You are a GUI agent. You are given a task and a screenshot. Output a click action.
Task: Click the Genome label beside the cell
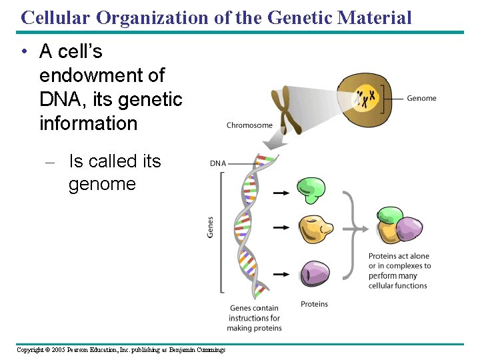421,98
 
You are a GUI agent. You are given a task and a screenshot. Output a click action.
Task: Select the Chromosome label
249,125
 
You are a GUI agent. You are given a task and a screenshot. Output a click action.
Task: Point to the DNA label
218,163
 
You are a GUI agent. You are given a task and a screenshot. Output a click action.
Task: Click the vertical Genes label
211,227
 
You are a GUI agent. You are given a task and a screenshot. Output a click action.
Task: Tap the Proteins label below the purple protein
314,304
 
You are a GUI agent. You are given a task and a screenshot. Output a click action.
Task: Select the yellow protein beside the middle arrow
315,229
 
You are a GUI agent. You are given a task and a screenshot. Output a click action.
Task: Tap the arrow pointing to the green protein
281,193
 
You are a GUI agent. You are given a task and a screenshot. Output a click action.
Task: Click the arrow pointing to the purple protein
281,274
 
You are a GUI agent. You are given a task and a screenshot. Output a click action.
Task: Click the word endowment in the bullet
101,75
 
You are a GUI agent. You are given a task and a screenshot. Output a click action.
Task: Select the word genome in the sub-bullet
102,184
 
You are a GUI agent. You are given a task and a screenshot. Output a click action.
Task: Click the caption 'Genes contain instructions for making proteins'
254,318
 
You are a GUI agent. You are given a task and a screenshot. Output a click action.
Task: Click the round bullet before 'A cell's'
24,52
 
